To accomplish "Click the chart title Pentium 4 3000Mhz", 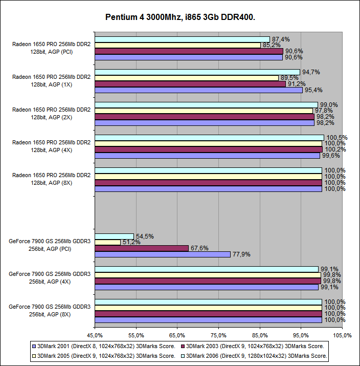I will click(180, 17).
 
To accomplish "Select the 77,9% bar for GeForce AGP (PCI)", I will click(162, 254).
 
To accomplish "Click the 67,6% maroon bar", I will click(141, 248).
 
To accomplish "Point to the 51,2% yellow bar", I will click(107, 242).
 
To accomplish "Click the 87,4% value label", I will click(281, 39).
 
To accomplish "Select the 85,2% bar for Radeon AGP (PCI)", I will click(177, 46).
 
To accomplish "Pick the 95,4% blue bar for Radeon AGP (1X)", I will click(198, 90).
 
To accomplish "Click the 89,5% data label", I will click(289, 78).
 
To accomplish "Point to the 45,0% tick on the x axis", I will click(95, 335).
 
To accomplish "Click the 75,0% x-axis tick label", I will click(218, 335).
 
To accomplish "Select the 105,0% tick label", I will click(342, 335).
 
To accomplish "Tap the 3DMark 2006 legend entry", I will click(256, 356).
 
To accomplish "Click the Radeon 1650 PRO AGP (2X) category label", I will click(51, 113).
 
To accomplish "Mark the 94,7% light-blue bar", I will click(197, 72).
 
